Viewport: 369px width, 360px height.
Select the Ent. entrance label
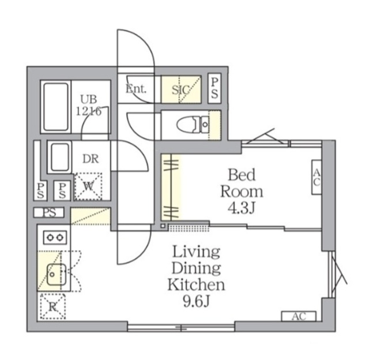[x=137, y=89]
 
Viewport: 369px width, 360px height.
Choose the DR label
[x=89, y=158]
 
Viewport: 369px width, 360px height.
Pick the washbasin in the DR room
[x=59, y=157]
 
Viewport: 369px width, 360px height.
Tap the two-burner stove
[x=54, y=237]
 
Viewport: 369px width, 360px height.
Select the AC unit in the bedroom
[x=317, y=177]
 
